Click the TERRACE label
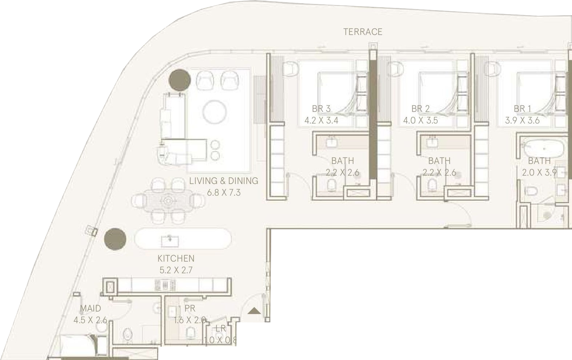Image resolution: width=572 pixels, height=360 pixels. pos(363,32)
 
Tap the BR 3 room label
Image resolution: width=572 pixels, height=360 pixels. pos(321,109)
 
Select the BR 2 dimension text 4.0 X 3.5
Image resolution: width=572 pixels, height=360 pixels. pos(420,121)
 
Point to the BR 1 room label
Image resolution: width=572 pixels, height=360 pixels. pos(522,109)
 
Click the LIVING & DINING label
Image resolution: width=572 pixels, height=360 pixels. pos(223,181)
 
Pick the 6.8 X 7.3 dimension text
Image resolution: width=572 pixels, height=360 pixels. pos(224,192)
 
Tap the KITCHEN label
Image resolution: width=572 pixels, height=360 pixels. pos(176,258)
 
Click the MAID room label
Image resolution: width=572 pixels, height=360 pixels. pos(90,309)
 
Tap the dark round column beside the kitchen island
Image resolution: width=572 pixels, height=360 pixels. pos(115,239)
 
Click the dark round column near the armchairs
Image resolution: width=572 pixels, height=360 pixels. pos(180,80)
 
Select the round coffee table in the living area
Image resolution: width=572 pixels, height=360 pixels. pos(215,112)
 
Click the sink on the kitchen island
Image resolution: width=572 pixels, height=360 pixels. pos(170,240)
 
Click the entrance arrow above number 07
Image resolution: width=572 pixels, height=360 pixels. pos(254,311)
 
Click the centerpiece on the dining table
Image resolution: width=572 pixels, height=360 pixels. pos(168,200)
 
